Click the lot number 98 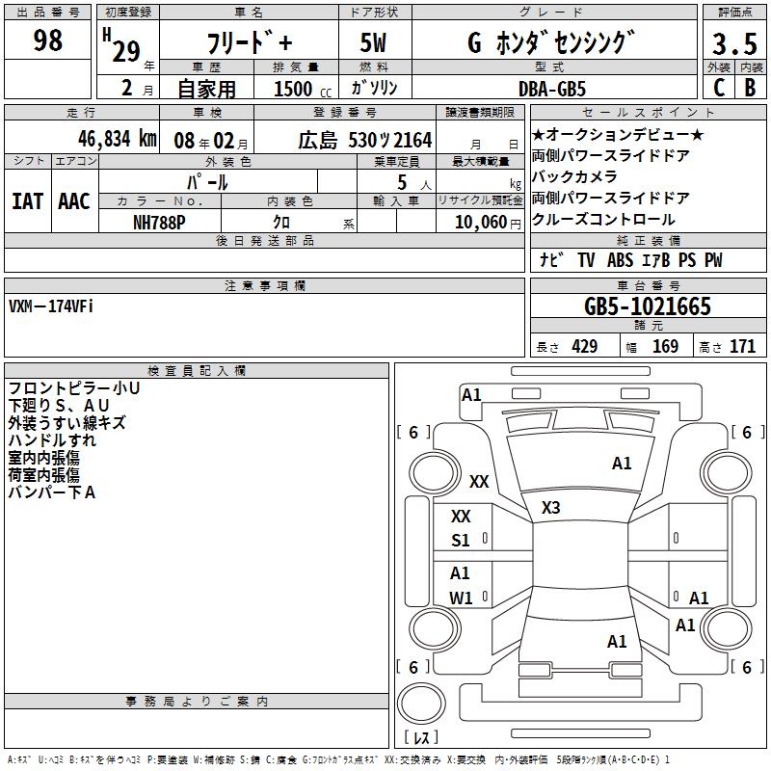47,40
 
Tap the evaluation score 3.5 733,43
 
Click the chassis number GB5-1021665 647,307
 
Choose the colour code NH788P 159,221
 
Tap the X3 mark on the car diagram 550,507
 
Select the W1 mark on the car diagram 461,598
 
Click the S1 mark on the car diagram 461,541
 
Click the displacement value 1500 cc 303,89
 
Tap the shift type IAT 27,201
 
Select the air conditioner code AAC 74,201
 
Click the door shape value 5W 374,43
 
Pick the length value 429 584,347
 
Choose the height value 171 742,347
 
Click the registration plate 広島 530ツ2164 363,140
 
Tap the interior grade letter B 750,88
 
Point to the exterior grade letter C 718,88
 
